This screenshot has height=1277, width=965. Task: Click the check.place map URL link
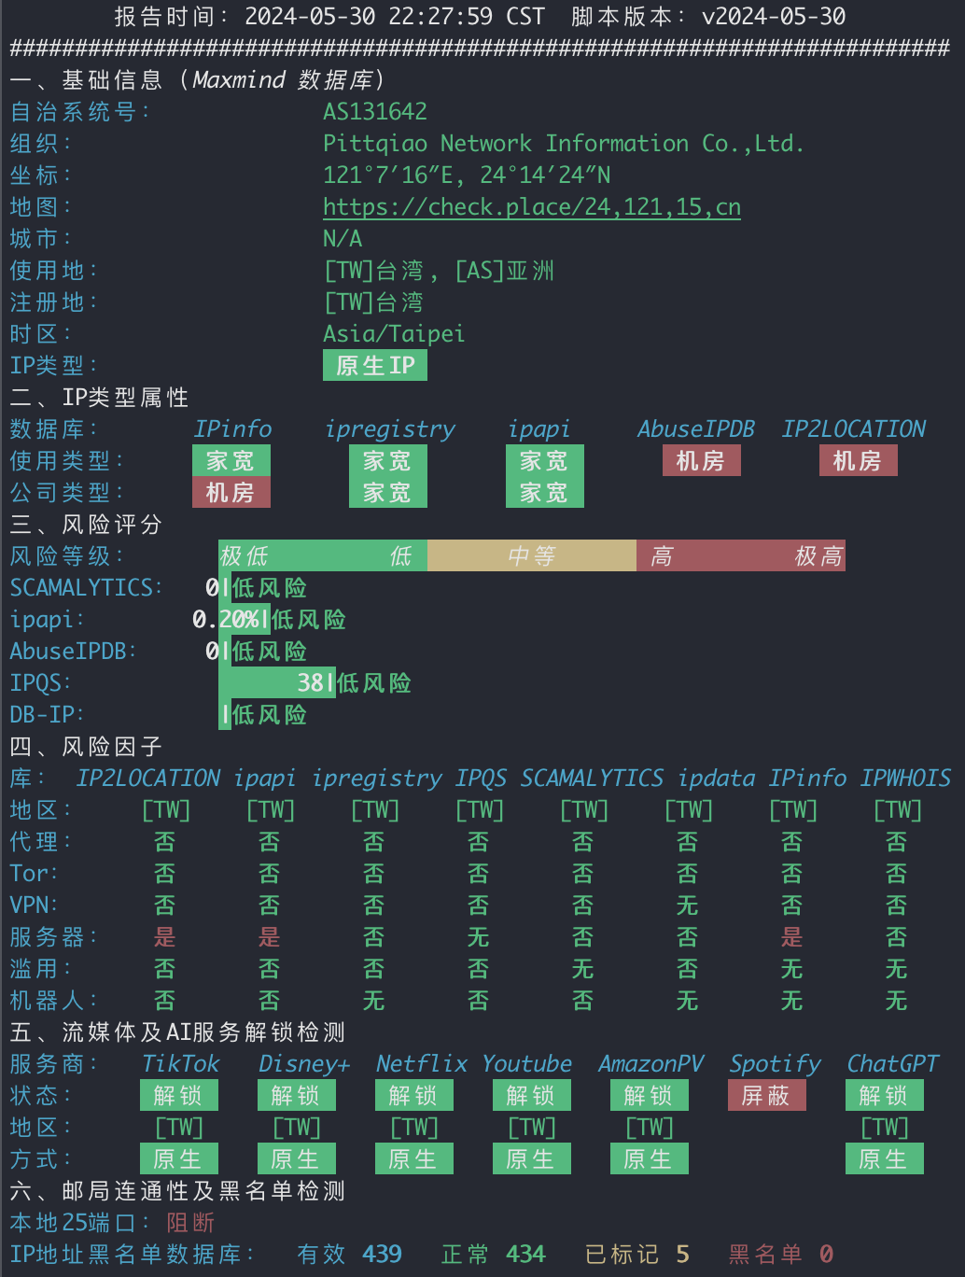pyautogui.click(x=532, y=207)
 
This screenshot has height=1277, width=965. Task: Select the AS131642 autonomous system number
pyautogui.click(x=375, y=112)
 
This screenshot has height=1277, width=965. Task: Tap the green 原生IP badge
pyautogui.click(x=375, y=365)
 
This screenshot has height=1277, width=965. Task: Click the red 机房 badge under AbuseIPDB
pyautogui.click(x=702, y=461)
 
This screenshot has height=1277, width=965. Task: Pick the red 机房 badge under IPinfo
pyautogui.click(x=231, y=492)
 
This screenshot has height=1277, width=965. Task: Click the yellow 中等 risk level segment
pyautogui.click(x=532, y=555)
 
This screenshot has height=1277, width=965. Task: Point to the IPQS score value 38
pyautogui.click(x=311, y=683)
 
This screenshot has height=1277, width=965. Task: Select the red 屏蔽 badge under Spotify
pyautogui.click(x=766, y=1096)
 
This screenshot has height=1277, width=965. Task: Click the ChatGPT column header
pyautogui.click(x=892, y=1064)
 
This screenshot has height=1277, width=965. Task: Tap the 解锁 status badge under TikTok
pyautogui.click(x=179, y=1096)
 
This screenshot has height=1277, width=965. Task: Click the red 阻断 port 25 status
pyautogui.click(x=190, y=1222)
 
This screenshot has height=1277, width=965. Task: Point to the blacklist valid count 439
pyautogui.click(x=382, y=1255)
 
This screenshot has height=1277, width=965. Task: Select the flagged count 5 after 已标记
pyautogui.click(x=683, y=1255)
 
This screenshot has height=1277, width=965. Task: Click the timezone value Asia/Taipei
pyautogui.click(x=394, y=334)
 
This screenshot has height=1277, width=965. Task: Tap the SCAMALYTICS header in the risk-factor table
pyautogui.click(x=591, y=779)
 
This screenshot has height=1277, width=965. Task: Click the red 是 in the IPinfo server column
pyautogui.click(x=792, y=937)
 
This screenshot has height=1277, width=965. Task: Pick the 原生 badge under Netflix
pyautogui.click(x=414, y=1158)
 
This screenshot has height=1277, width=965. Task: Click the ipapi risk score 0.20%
pyautogui.click(x=225, y=620)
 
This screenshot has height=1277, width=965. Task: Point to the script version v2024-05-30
pyautogui.click(x=774, y=16)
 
